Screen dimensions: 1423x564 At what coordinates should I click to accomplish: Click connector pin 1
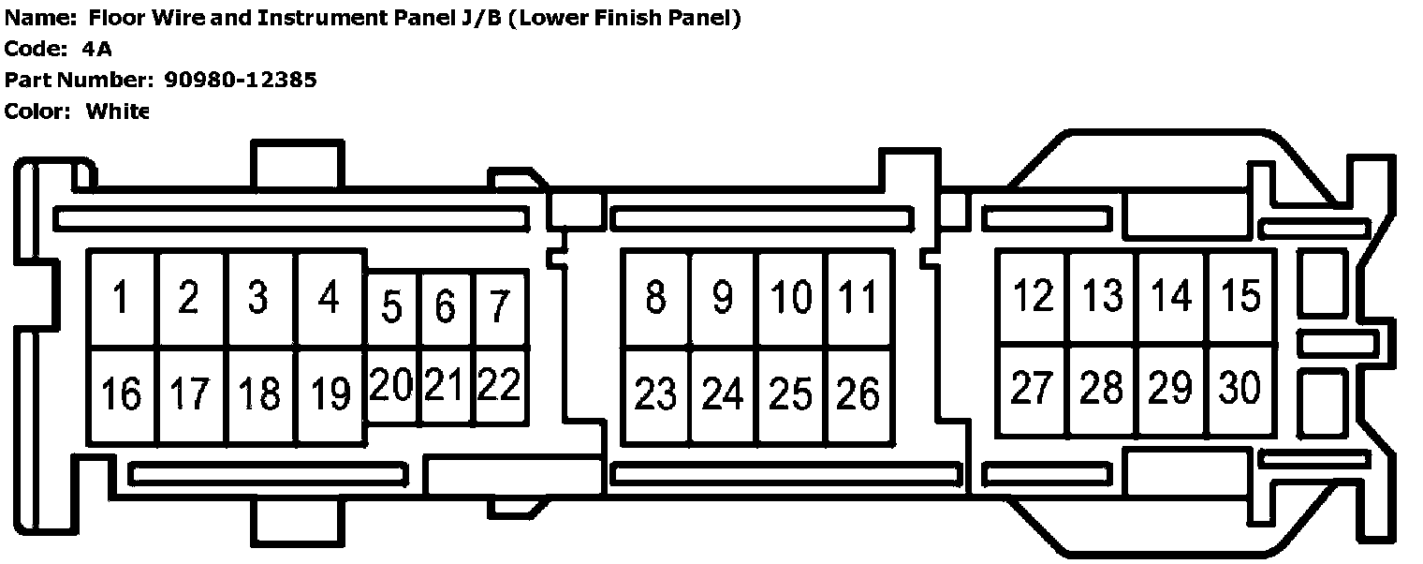[122, 299]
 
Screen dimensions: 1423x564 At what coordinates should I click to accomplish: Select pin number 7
[501, 307]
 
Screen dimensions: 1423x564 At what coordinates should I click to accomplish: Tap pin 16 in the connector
[122, 394]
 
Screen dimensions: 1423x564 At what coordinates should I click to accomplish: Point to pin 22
[499, 384]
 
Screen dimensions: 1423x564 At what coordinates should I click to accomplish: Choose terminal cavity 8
[655, 298]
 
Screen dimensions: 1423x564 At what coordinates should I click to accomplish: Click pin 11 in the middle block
[858, 298]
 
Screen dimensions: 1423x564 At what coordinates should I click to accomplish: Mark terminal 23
[655, 394]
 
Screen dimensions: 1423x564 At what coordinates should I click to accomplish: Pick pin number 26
[858, 394]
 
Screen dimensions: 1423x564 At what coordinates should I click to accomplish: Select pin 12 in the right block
[1033, 296]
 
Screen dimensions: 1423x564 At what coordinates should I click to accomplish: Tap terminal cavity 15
[1241, 296]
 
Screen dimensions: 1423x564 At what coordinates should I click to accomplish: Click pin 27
[1033, 388]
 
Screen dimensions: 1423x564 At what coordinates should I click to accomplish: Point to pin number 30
[1241, 388]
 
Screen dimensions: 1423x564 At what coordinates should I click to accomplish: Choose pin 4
[329, 299]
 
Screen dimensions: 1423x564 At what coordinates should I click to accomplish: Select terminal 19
[330, 394]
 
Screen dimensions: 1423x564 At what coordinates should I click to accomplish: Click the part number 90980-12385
[241, 80]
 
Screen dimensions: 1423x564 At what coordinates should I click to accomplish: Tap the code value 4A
[97, 49]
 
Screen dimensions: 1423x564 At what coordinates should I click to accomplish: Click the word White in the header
[117, 111]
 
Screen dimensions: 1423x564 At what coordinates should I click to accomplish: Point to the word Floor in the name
[139, 18]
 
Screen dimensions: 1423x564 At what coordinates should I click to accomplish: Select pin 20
[391, 384]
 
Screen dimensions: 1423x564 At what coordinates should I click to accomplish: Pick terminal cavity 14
[1171, 296]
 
